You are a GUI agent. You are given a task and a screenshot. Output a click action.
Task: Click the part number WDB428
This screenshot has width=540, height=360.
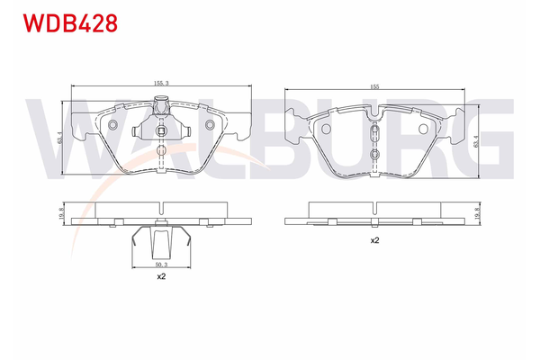tap(64, 23)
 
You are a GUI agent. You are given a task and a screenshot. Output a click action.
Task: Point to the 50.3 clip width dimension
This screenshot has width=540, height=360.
tap(160, 265)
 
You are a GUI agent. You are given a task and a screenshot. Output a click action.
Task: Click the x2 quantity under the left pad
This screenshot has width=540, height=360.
tap(160, 277)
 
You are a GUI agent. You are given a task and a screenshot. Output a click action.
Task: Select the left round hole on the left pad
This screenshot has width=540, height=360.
tap(114, 125)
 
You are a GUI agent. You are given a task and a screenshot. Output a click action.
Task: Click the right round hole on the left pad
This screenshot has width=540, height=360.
tap(210, 125)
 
